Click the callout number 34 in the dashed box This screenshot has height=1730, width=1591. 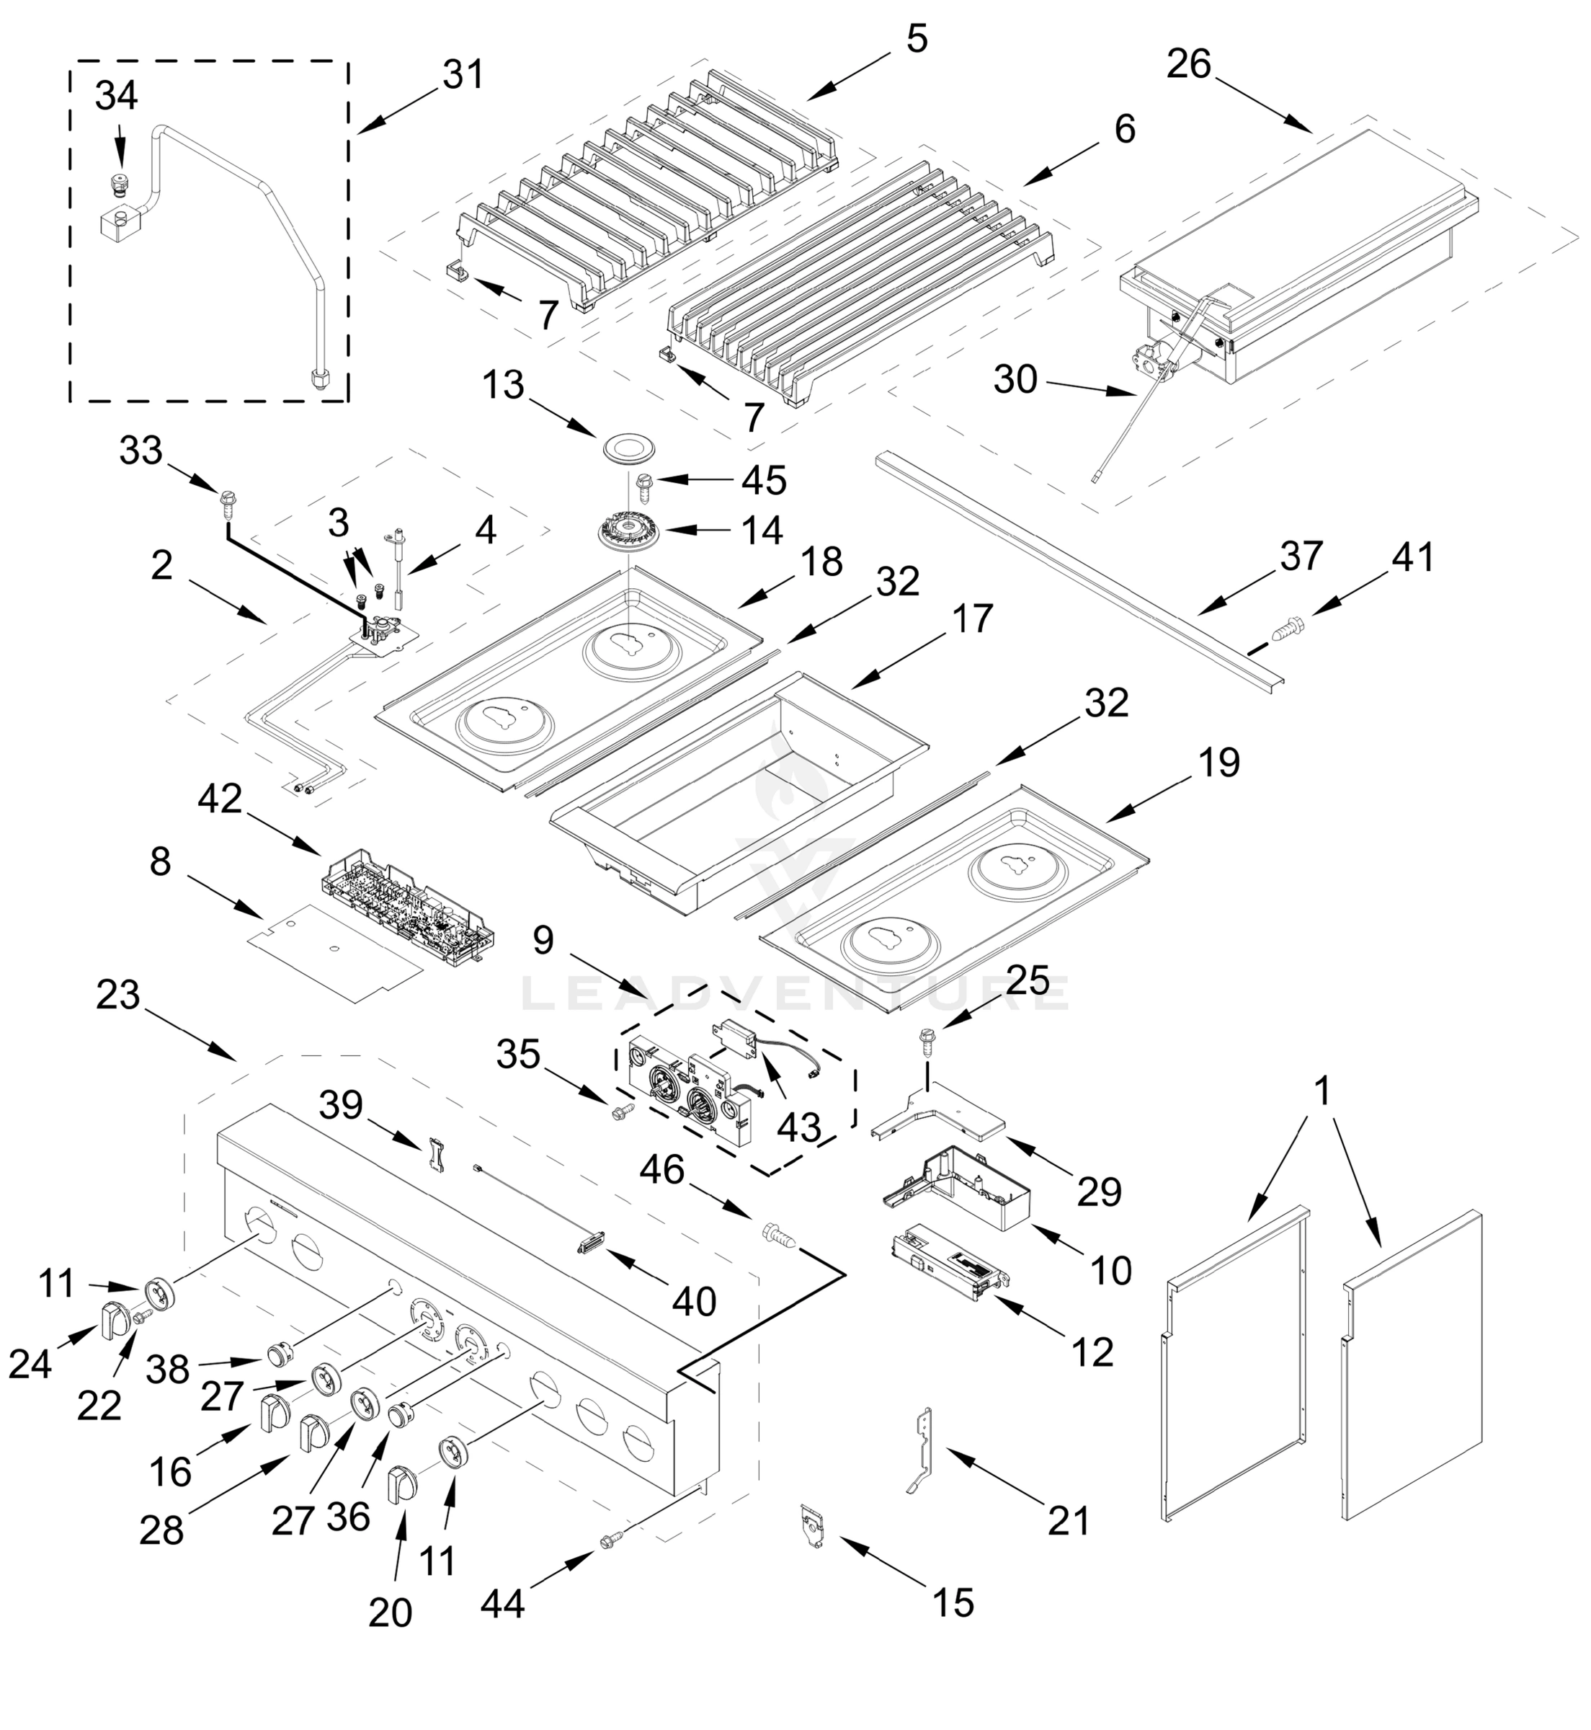pyautogui.click(x=116, y=96)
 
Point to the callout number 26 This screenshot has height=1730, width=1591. pyautogui.click(x=1189, y=63)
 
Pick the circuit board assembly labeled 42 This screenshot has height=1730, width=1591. pyautogui.click(x=408, y=904)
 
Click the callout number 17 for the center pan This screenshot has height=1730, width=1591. pyautogui.click(x=973, y=619)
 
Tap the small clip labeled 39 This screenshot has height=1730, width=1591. pyautogui.click(x=437, y=1155)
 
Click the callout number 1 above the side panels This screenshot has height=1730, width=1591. pyautogui.click(x=1322, y=1091)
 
